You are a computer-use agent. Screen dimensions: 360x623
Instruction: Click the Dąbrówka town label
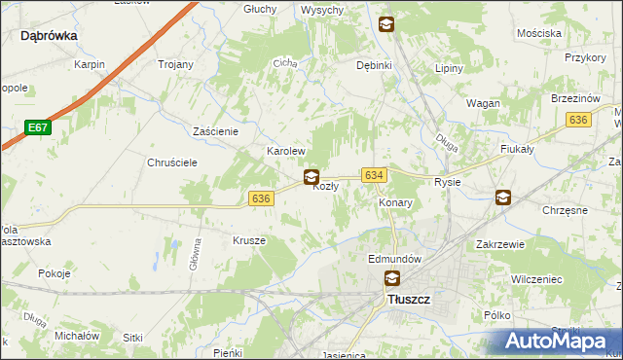(x=49, y=35)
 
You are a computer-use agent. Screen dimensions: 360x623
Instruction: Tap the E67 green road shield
(x=37, y=127)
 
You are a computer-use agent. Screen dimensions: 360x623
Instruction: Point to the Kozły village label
(x=325, y=187)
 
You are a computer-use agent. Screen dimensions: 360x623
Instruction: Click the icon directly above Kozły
(x=311, y=176)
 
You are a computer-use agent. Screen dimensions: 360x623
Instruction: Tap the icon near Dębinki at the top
(x=386, y=25)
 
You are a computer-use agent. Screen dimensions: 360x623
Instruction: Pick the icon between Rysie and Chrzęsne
(x=502, y=198)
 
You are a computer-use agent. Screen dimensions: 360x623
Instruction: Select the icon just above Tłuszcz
(x=391, y=279)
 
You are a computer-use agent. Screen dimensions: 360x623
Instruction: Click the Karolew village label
(x=287, y=153)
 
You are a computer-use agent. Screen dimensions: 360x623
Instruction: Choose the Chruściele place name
(x=172, y=162)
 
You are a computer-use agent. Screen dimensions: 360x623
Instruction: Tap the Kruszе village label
(x=249, y=239)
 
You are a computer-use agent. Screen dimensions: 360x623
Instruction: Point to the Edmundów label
(x=394, y=260)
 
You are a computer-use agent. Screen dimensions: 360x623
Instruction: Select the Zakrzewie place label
(x=501, y=245)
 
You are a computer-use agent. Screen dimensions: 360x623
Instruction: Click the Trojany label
(x=175, y=64)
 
